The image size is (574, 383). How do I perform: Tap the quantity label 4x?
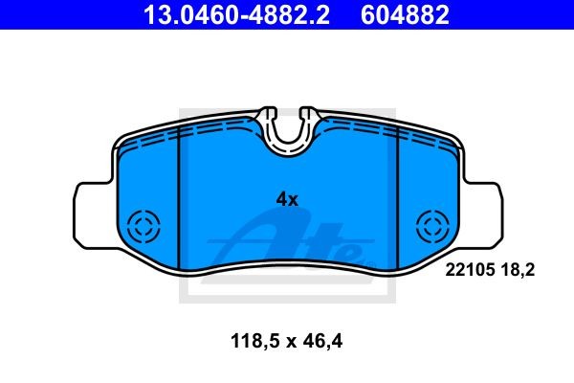(x=287, y=199)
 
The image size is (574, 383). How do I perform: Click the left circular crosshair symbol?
(x=145, y=228)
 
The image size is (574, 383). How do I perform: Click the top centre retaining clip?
(x=289, y=129)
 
